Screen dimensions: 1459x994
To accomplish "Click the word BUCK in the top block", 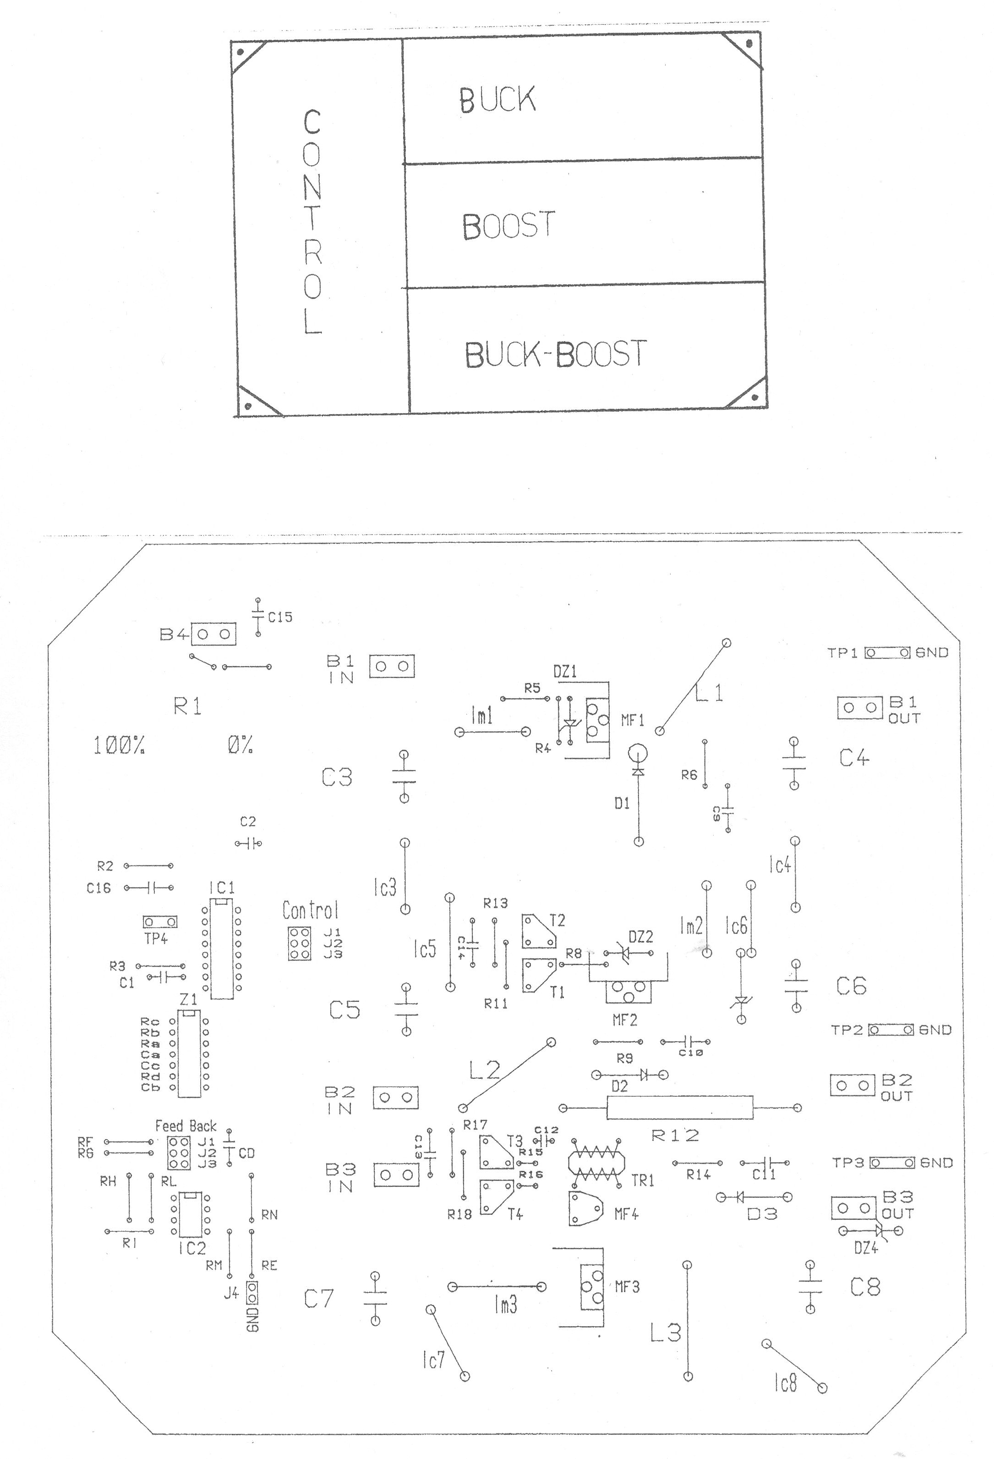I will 497,100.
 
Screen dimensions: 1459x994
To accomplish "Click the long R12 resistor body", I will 679,1108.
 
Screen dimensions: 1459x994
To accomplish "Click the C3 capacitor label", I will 337,778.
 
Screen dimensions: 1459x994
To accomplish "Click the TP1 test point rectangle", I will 887,653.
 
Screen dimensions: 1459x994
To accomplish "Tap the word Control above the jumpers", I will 310,910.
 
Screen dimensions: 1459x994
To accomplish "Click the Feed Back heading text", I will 186,1126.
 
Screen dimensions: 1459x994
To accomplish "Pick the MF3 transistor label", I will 627,1286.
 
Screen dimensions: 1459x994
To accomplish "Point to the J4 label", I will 231,1293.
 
